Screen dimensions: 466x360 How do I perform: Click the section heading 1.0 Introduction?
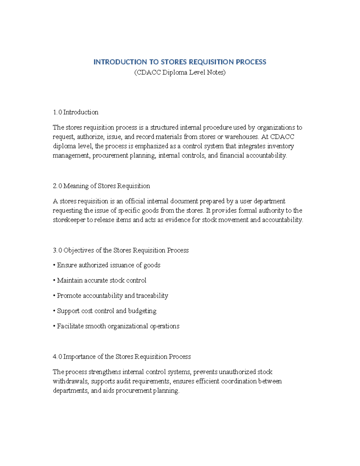76,112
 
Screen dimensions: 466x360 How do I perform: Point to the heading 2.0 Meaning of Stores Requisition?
101,186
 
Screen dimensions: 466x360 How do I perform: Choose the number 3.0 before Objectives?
57,250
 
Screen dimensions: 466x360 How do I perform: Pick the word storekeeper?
69,220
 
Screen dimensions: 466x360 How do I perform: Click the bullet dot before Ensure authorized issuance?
54,265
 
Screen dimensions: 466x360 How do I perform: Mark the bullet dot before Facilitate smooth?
54,326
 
